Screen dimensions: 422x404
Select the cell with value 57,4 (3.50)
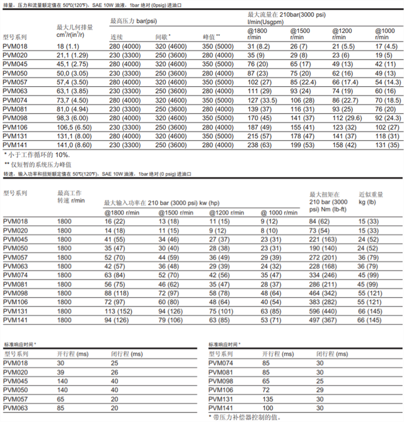(73, 81)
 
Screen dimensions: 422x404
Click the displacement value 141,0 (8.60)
(74, 145)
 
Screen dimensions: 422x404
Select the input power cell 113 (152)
(119, 311)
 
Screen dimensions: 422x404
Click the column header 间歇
(163, 37)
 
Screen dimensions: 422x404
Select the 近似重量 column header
(371, 194)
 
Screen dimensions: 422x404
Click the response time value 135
(268, 399)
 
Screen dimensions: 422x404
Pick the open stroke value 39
(61, 373)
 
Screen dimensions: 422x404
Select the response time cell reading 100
(268, 408)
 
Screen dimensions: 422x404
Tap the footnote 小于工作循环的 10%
(37, 154)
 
